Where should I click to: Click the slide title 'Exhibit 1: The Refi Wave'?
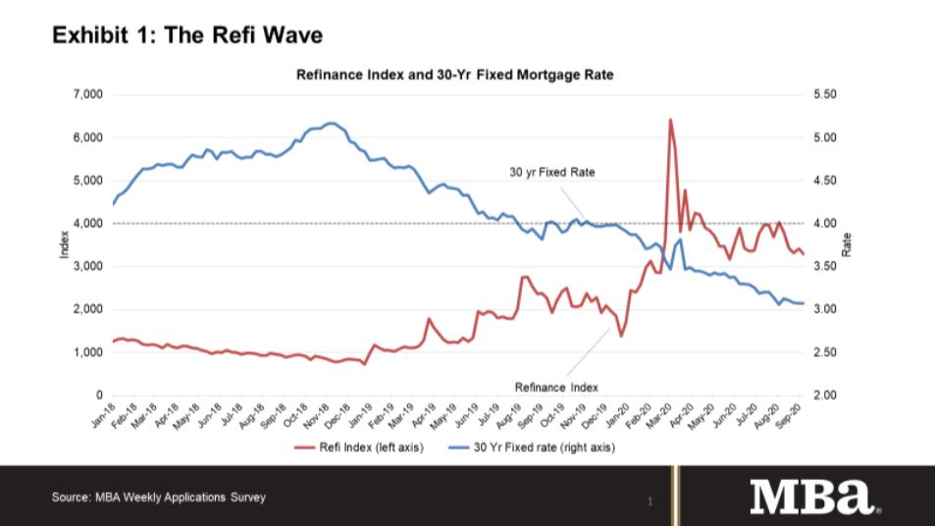186,36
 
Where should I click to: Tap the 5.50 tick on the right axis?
826,95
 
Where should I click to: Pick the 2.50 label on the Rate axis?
826,352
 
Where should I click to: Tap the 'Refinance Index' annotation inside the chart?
556,387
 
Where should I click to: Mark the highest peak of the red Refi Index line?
669,120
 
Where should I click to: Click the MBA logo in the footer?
814,497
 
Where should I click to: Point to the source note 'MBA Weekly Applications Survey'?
158,498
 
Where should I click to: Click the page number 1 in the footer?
649,501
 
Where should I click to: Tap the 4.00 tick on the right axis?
826,224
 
